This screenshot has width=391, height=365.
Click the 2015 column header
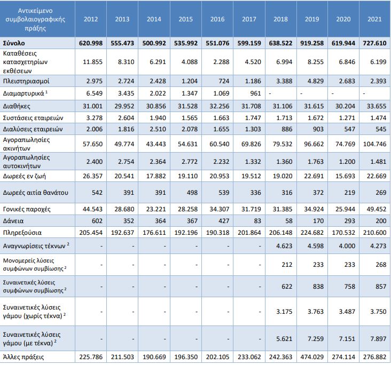point(185,19)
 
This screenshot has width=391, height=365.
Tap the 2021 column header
point(374,19)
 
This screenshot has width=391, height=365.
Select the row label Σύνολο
point(14,43)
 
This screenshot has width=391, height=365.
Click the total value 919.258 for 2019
point(312,43)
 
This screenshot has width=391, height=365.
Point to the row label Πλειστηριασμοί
point(26,81)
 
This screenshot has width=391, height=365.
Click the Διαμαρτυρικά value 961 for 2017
point(255,93)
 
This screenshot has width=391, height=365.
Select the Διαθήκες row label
point(17,106)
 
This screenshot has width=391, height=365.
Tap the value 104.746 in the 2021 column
point(374,144)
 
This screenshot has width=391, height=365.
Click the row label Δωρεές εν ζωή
point(25,176)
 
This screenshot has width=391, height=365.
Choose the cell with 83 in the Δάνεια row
point(257,221)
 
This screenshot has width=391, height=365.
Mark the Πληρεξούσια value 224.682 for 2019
point(312,233)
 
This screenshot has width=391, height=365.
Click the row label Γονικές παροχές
point(27,209)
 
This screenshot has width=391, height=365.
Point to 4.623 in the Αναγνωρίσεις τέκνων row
point(284,246)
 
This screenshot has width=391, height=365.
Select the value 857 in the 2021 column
point(381,287)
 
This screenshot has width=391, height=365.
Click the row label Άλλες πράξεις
point(24,357)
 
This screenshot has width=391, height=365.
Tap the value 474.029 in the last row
point(312,357)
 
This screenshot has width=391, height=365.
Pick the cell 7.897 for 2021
point(378,339)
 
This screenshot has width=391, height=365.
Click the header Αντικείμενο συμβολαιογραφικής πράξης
point(35,19)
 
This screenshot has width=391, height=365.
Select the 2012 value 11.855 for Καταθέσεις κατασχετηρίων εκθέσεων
point(92,62)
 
